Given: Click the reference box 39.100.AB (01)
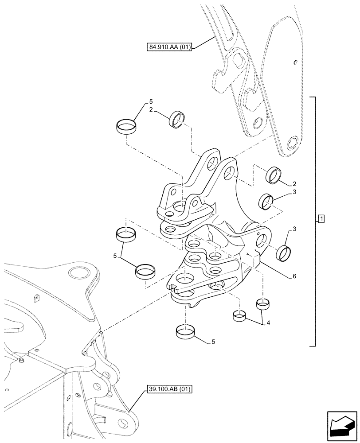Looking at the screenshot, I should (168, 390).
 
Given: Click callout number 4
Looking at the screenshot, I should (268, 323).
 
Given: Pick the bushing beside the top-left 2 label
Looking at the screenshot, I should (176, 119).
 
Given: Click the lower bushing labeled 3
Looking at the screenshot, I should (284, 253).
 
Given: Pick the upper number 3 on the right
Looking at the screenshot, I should (293, 192).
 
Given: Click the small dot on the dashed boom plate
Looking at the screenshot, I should (295, 62).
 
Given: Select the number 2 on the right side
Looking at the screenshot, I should (294, 183).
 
